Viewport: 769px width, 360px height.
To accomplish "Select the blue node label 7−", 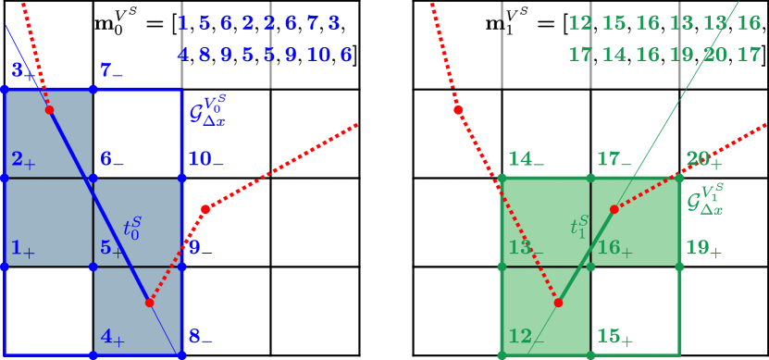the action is tap(112, 70).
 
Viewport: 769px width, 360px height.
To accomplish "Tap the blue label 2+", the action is tap(22, 160).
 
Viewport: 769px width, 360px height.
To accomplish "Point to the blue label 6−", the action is tap(112, 159).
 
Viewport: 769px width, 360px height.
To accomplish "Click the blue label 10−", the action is tap(205, 159).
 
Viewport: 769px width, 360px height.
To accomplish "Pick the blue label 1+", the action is tap(22, 248).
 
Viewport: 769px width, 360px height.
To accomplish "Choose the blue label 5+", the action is tap(112, 248).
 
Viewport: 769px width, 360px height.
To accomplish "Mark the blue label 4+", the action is tap(112, 338).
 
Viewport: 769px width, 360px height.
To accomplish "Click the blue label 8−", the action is tap(201, 338).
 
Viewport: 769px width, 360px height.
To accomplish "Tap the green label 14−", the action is tap(526, 159).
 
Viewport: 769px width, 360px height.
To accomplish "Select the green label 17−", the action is tap(614, 159).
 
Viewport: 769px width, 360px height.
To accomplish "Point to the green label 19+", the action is tap(703, 248).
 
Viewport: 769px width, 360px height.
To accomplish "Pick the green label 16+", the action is tap(614, 248).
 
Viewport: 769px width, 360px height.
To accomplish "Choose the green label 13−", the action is tap(526, 248).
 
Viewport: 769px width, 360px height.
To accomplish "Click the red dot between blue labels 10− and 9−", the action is tap(205, 209).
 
